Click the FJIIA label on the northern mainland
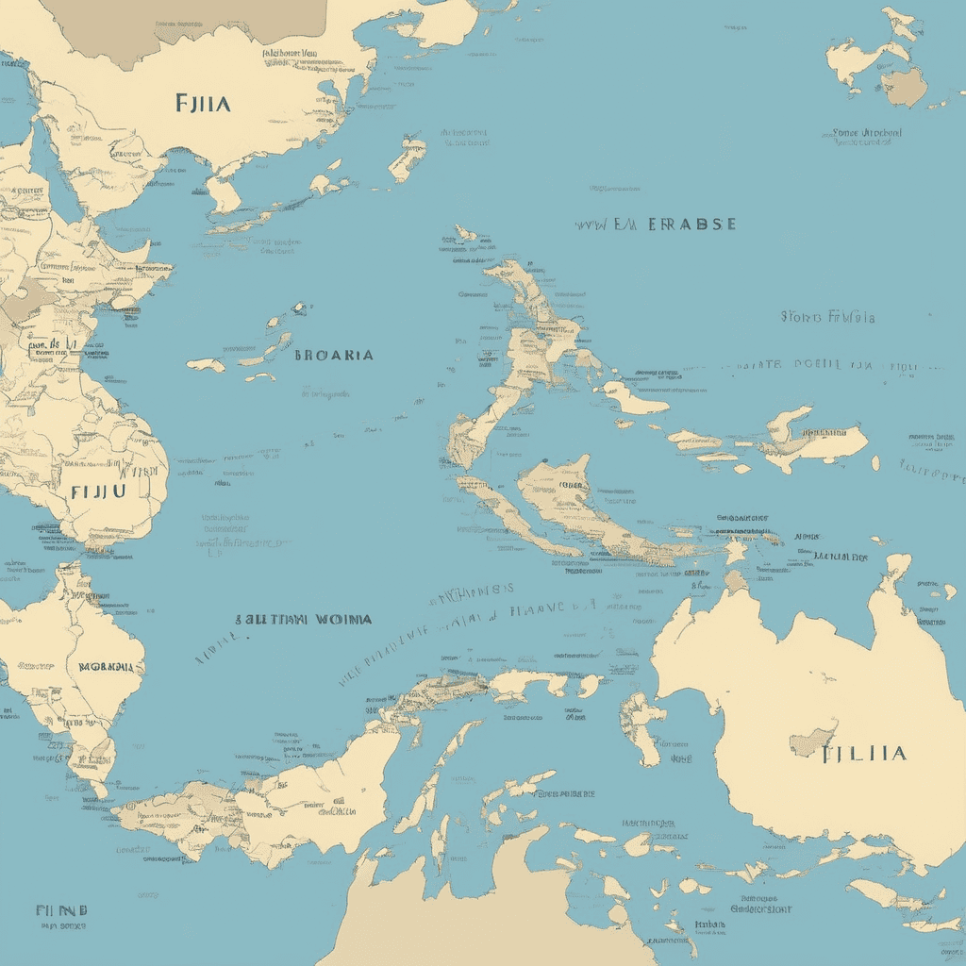pos(202,103)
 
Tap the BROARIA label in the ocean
pos(333,356)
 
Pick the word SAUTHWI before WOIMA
pos(272,620)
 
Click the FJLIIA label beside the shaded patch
pos(864,753)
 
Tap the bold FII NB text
pos(61,911)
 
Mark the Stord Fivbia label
pos(827,317)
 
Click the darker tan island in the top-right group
pos(904,87)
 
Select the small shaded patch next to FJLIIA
pos(812,740)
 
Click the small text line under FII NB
pos(61,926)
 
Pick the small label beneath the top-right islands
pos(867,134)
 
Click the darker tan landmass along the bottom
pos(491,906)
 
